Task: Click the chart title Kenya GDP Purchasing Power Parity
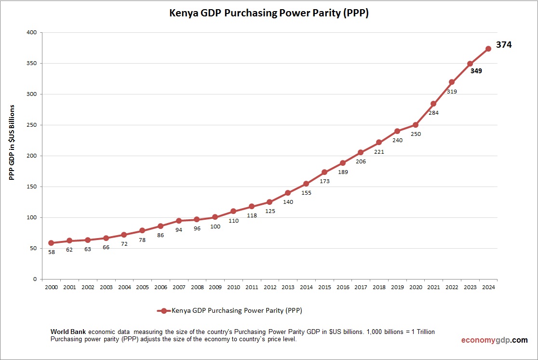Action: pyautogui.click(x=269, y=13)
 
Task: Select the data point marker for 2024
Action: pyautogui.click(x=488, y=49)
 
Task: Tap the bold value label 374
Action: pyautogui.click(x=504, y=45)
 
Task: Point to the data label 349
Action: pyautogui.click(x=476, y=71)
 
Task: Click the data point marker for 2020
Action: pyautogui.click(x=415, y=125)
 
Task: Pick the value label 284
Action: pyautogui.click(x=434, y=113)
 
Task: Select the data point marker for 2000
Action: pyautogui.click(x=51, y=243)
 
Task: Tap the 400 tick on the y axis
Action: pyautogui.click(x=31, y=32)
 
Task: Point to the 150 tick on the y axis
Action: pyautogui.click(x=31, y=187)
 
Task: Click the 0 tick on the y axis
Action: pyautogui.click(x=35, y=279)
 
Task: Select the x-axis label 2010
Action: pyautogui.click(x=233, y=287)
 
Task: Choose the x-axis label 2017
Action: pyautogui.click(x=361, y=287)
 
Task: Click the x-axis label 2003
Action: pyautogui.click(x=106, y=287)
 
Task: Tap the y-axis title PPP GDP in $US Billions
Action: pyautogui.click(x=12, y=142)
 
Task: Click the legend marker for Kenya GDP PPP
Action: pyautogui.click(x=164, y=311)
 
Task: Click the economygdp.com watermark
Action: pyautogui.click(x=494, y=340)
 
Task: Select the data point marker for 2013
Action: pyautogui.click(x=288, y=193)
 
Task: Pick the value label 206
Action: pyautogui.click(x=361, y=161)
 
